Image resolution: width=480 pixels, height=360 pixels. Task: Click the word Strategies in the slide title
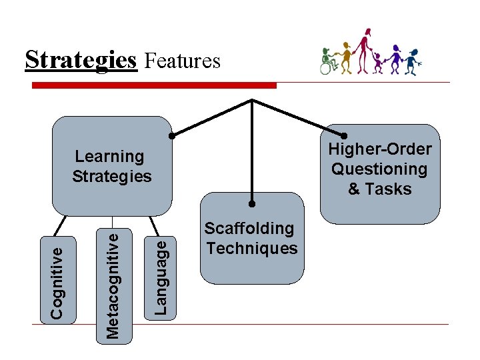80,60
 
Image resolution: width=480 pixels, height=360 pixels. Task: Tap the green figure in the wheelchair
327,60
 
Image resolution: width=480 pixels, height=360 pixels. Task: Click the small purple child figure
379,61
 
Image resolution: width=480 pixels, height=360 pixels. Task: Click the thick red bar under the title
154,85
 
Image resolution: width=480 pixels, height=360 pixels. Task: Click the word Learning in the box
109,157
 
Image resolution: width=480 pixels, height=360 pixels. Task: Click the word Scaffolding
249,228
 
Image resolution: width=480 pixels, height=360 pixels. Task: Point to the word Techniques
252,248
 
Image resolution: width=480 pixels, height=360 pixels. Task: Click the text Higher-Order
379,149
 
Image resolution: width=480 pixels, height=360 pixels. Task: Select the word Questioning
379,169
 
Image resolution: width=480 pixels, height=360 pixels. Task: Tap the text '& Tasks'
379,189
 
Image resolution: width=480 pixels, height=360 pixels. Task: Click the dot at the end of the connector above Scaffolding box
252,203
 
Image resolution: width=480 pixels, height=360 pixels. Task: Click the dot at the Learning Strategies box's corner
171,136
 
